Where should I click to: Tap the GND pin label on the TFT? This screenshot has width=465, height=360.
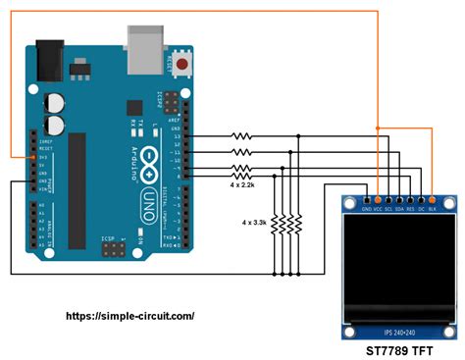point(366,208)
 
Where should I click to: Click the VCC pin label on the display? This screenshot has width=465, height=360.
point(378,208)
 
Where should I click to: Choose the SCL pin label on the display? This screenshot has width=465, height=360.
point(390,208)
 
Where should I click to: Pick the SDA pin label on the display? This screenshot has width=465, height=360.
point(403,208)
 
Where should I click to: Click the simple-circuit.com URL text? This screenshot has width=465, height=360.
point(129,316)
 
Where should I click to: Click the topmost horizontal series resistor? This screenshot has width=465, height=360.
point(240,136)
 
